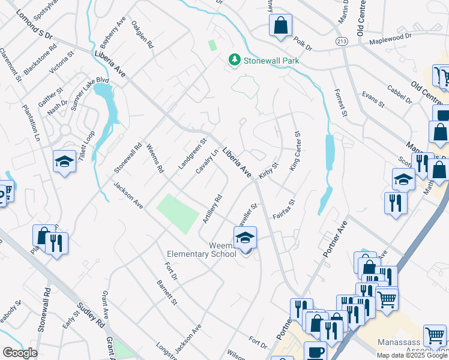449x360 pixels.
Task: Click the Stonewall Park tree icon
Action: pyautogui.click(x=234, y=60)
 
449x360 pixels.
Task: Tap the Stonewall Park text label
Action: pyautogui.click(x=270, y=61)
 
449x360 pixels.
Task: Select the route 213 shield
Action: pyautogui.click(x=342, y=41)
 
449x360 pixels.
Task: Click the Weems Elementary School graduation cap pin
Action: pyautogui.click(x=245, y=238)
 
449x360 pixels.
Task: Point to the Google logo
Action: pyautogui.click(x=19, y=353)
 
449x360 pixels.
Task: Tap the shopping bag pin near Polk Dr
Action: pyautogui.click(x=280, y=26)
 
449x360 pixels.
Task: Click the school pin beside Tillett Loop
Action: pyautogui.click(x=64, y=162)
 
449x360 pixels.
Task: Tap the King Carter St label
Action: pyautogui.click(x=295, y=151)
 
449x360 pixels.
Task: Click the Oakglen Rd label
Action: pyautogui.click(x=143, y=37)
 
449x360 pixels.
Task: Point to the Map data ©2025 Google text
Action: pyautogui.click(x=412, y=355)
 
